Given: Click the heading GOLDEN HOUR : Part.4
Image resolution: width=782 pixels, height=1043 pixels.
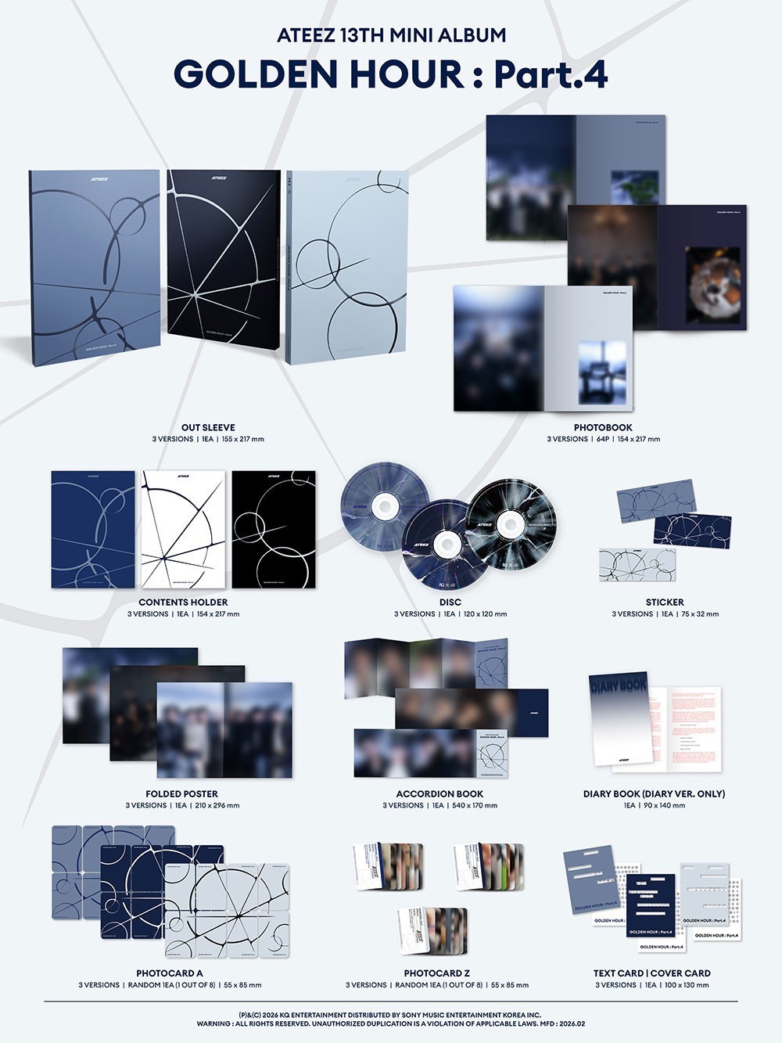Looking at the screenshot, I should pyautogui.click(x=390, y=74).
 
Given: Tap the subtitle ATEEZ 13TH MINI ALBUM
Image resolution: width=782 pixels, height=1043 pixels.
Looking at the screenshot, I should pyautogui.click(x=391, y=35).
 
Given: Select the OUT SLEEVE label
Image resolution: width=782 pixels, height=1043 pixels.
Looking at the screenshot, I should pyautogui.click(x=208, y=427).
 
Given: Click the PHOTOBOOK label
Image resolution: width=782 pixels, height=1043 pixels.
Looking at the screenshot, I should pyautogui.click(x=603, y=427).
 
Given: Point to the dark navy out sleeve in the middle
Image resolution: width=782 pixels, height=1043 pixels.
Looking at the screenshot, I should pyautogui.click(x=224, y=266).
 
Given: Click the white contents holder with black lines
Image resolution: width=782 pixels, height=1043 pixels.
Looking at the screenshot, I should pyautogui.click(x=183, y=529).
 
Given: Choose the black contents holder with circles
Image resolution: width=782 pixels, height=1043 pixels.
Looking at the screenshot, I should pyautogui.click(x=274, y=529).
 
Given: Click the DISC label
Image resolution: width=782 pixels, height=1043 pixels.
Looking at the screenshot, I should pyautogui.click(x=450, y=602).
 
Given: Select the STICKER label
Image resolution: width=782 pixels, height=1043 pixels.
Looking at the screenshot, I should pyautogui.click(x=665, y=602).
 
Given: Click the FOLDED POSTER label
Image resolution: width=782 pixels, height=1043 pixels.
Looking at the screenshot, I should pyautogui.click(x=182, y=793).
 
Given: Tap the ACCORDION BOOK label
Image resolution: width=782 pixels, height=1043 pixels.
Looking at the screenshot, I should pyautogui.click(x=439, y=793).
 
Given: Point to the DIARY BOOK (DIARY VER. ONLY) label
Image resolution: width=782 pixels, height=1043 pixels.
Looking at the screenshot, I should pyautogui.click(x=654, y=793).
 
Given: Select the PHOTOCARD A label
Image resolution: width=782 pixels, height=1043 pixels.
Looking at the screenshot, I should pyautogui.click(x=170, y=973).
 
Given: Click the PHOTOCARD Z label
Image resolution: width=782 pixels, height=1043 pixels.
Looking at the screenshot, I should pyautogui.click(x=437, y=973).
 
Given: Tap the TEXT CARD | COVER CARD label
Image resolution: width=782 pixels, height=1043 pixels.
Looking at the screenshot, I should pyautogui.click(x=652, y=973).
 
